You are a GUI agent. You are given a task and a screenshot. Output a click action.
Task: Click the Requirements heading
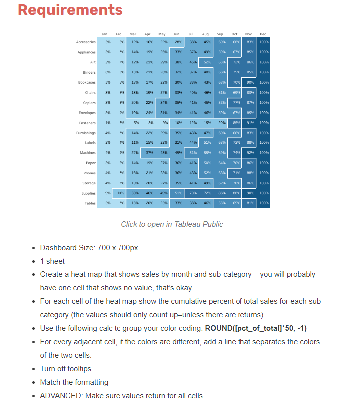click(70, 10)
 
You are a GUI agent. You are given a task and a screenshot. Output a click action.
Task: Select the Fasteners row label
click(87, 123)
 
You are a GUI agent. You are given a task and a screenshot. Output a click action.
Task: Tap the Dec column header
click(263, 34)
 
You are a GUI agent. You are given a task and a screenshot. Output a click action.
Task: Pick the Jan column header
click(104, 34)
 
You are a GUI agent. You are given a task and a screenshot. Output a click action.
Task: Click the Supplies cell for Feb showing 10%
click(120, 193)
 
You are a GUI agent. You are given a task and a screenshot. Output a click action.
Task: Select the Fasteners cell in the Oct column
click(236, 123)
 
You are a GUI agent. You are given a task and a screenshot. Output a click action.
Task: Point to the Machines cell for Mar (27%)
click(134, 153)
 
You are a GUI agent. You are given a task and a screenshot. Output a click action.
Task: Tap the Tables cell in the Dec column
click(264, 203)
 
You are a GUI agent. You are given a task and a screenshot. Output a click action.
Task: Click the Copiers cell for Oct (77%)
click(236, 103)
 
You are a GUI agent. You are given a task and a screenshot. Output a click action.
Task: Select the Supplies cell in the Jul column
click(192, 193)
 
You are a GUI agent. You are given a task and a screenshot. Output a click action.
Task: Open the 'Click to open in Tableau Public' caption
click(172, 224)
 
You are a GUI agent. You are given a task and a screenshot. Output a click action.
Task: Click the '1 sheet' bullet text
click(52, 261)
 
